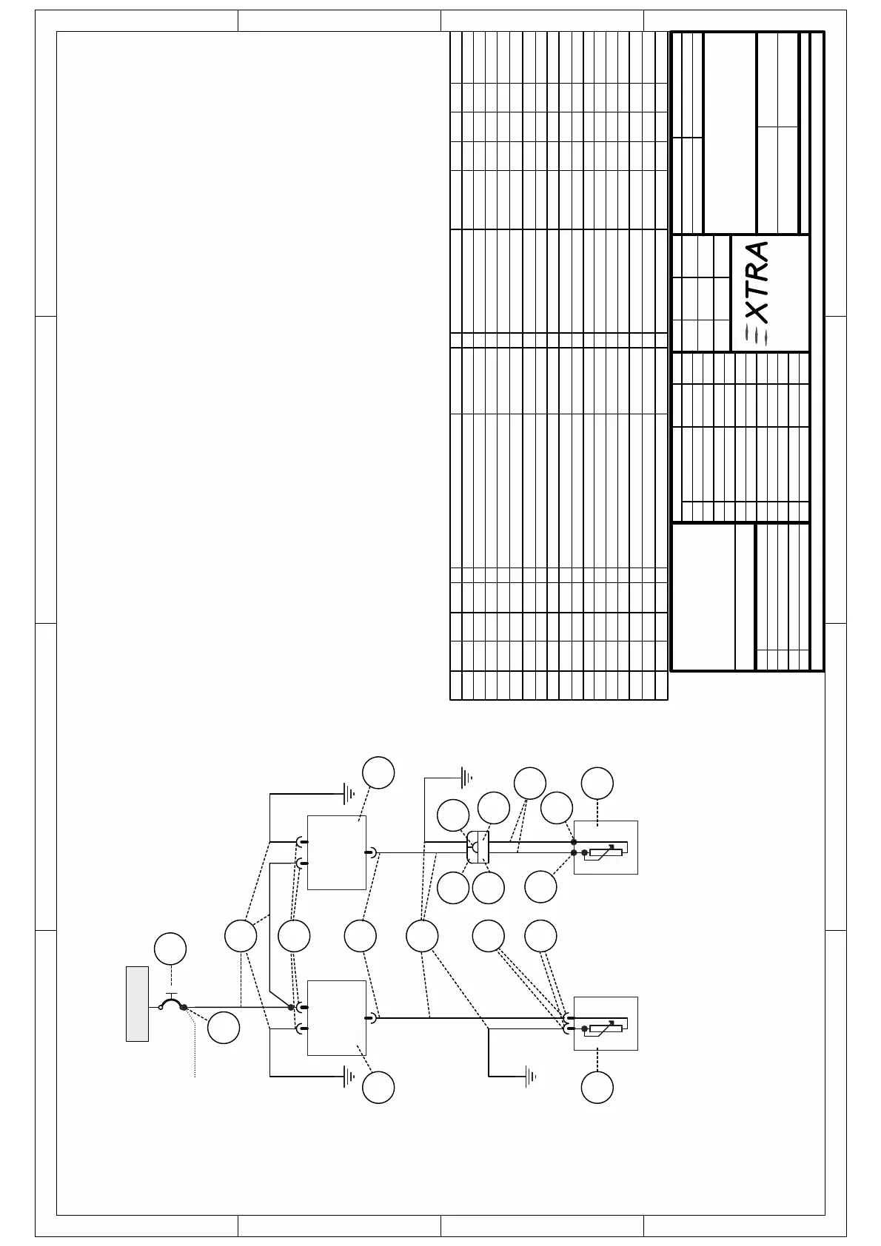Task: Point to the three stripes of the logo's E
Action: [757, 335]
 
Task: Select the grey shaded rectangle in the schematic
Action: [137, 1003]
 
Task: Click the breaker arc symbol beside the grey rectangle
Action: [172, 1003]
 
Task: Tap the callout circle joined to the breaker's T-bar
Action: [170, 949]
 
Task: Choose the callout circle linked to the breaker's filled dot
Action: [223, 1028]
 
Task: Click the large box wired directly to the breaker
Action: [337, 1017]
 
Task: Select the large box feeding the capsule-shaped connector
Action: [337, 852]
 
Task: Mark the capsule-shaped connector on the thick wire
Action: [478, 847]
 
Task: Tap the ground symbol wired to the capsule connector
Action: [466, 777]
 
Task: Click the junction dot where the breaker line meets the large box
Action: [290, 1007]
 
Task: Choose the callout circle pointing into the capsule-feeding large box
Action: [378, 772]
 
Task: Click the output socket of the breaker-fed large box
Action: [371, 1018]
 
